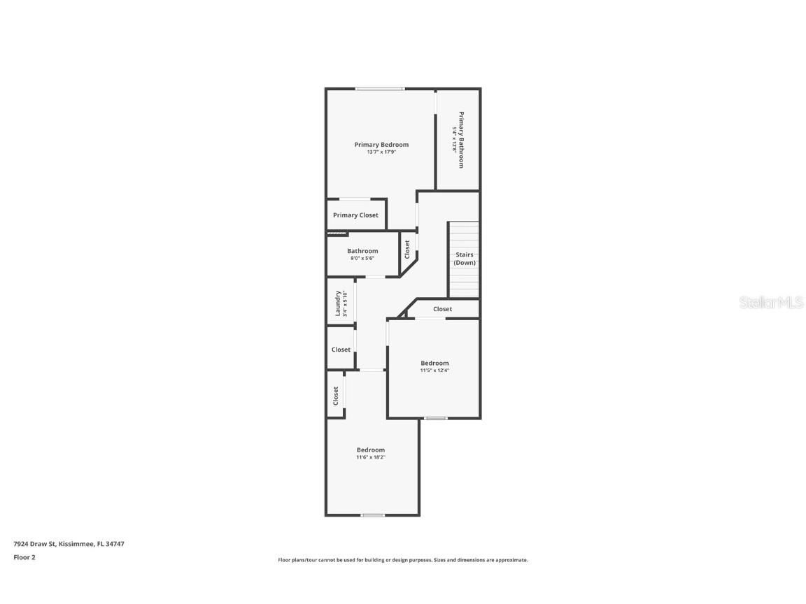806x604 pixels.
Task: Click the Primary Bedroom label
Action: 381,145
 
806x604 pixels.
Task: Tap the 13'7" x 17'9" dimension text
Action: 381,152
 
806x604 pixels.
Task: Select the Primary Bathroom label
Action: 462,140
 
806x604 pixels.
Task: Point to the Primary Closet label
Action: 355,215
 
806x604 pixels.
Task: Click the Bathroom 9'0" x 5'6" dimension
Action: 362,259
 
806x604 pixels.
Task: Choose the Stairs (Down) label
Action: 465,259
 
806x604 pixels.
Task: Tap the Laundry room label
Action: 338,303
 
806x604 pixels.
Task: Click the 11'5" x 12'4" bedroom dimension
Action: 434,371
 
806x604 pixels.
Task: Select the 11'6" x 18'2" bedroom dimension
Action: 371,457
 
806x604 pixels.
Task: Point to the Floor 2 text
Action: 24,557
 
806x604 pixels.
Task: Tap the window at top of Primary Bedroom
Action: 379,89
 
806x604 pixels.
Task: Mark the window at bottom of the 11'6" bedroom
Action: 373,515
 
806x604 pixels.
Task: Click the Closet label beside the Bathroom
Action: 407,249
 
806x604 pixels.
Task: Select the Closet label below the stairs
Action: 442,309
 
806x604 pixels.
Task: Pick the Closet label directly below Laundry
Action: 341,350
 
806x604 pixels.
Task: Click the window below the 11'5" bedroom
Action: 436,418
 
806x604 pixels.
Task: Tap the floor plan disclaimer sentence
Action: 403,560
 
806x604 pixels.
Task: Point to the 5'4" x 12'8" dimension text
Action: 454,140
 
